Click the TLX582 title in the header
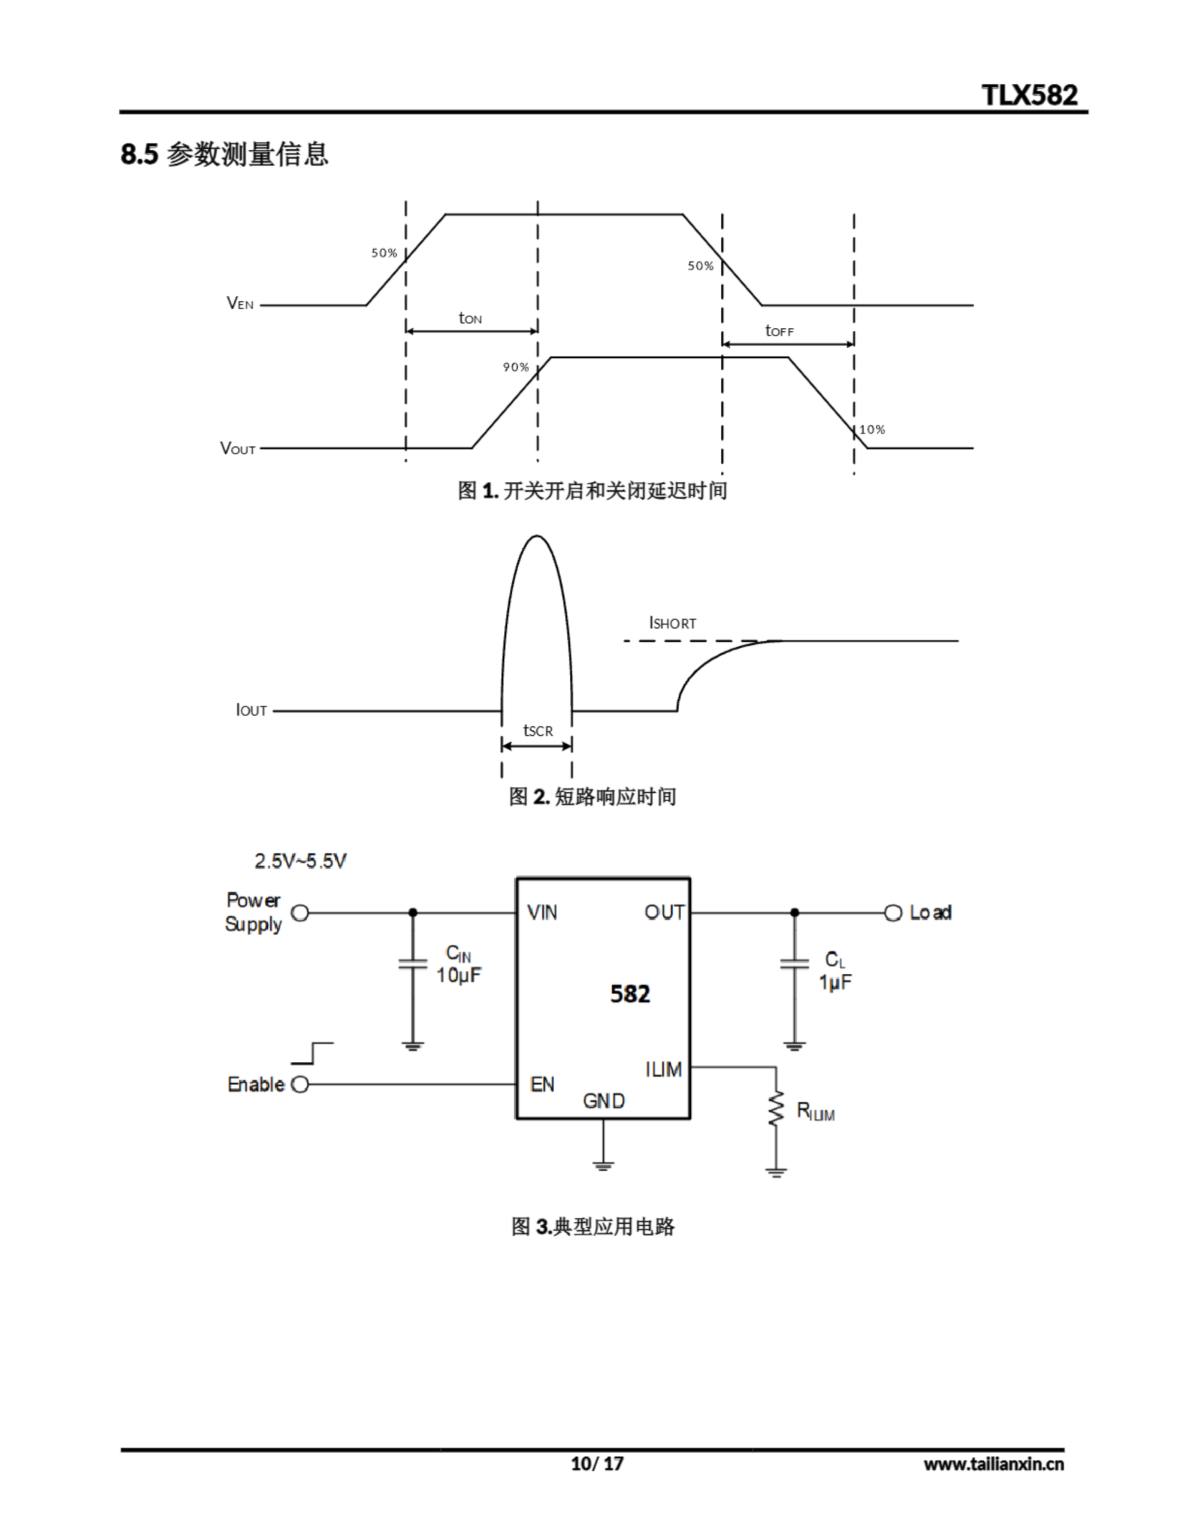1029,95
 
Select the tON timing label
470,318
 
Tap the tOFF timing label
779,330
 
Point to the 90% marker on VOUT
516,367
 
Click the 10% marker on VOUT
872,429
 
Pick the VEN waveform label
240,303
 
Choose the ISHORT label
672,623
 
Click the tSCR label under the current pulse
537,730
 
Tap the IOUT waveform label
251,710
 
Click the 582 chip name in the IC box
630,994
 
